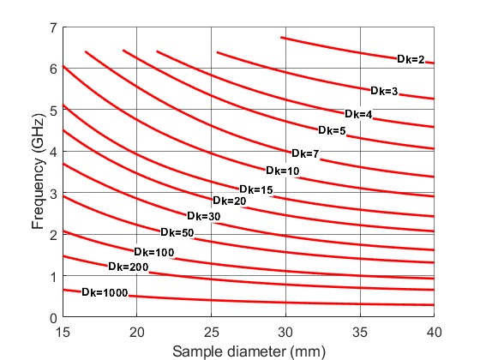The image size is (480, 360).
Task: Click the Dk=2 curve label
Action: (411, 59)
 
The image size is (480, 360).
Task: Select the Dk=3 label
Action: (385, 91)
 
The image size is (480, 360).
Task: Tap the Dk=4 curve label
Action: (358, 114)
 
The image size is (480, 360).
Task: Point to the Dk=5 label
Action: (332, 131)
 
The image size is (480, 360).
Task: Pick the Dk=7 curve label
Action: (305, 153)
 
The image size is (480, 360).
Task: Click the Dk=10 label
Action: (282, 171)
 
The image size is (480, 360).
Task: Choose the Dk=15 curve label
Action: (256, 189)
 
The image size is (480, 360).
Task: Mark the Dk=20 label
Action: (230, 201)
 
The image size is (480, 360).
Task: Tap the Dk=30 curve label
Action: (204, 216)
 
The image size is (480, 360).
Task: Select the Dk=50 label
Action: (177, 232)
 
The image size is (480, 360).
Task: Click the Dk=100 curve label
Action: (154, 252)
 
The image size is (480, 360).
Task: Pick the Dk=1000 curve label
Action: (105, 293)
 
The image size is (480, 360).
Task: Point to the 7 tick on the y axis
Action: (53, 27)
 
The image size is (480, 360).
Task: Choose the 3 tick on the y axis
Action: (53, 194)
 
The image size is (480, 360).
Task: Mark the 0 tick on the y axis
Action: (53, 318)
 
